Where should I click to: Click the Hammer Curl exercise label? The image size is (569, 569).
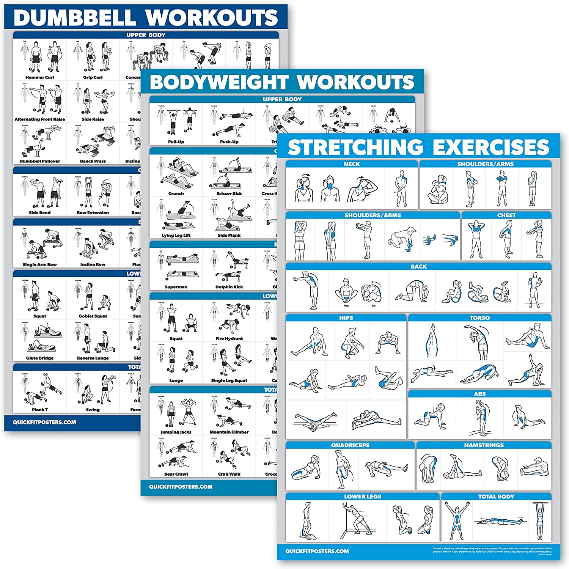[x=39, y=77]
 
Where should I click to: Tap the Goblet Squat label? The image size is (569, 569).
[x=93, y=316]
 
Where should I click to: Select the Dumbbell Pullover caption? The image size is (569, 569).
[x=39, y=161]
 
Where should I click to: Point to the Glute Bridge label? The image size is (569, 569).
[x=39, y=358]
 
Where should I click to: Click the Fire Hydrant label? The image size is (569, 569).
[x=229, y=338]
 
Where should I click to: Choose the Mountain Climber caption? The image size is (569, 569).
[x=229, y=432]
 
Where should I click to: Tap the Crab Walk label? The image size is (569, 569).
[x=229, y=474]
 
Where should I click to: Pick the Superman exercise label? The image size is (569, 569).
[x=176, y=287]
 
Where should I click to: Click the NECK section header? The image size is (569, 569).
[x=352, y=164]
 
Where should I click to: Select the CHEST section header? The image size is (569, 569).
[x=506, y=215]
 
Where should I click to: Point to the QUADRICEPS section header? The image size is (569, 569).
[x=350, y=445]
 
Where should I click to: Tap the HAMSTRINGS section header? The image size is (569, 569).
[x=484, y=445]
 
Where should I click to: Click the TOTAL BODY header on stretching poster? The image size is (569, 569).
[x=496, y=497]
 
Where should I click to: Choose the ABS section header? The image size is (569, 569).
[x=479, y=394]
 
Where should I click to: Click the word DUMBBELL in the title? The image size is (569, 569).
[x=75, y=18]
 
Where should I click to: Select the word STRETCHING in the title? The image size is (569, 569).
[x=355, y=148]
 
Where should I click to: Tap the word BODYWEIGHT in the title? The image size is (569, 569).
[x=219, y=82]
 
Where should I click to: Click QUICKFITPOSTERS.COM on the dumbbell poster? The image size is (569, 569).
[x=44, y=423]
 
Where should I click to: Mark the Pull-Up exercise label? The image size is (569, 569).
[x=176, y=142]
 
